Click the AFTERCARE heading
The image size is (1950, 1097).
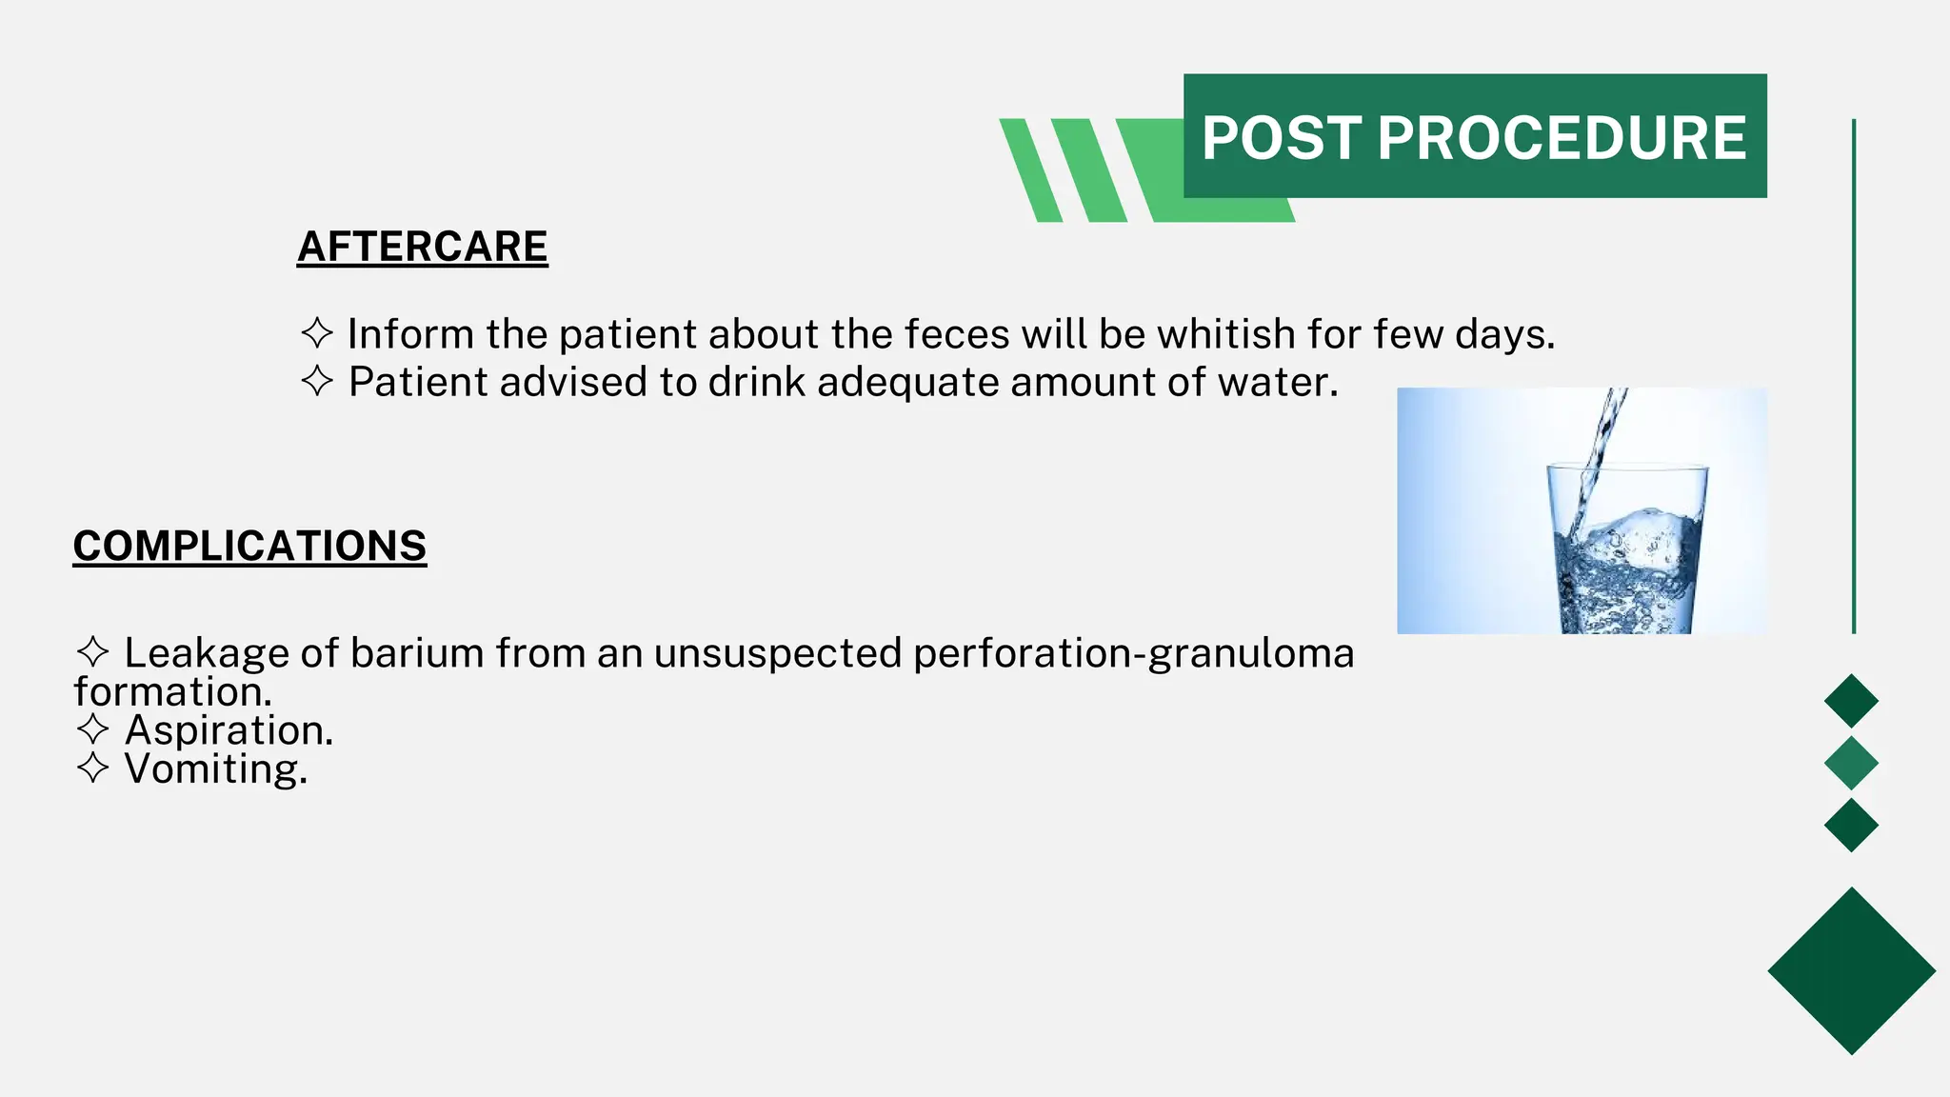pos(422,247)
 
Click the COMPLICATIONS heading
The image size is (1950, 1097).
pos(249,547)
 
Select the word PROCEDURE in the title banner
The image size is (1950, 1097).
pos(1562,138)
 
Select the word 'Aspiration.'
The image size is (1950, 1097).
pos(229,730)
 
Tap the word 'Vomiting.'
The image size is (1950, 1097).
pos(216,768)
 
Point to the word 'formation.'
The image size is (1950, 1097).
pos(172,691)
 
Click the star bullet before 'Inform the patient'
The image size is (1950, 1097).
pos(317,333)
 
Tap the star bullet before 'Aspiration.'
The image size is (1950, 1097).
pos(92,729)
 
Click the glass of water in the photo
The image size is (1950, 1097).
pos(1626,552)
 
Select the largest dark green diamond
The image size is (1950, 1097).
pos(1851,970)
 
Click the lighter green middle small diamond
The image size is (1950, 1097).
pos(1851,763)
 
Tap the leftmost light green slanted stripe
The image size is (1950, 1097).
pos(1030,170)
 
